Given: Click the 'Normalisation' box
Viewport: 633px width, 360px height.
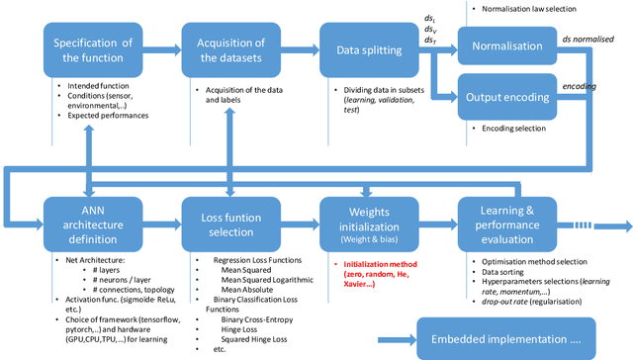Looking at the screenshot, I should [505, 45].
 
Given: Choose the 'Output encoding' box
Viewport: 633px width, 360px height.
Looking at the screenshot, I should [505, 96].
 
